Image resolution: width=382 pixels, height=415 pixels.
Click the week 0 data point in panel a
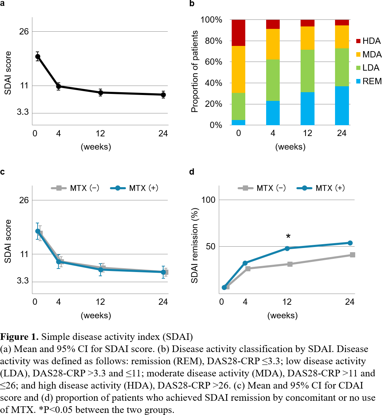tap(38, 56)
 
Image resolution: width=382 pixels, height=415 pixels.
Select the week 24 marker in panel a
tap(163, 95)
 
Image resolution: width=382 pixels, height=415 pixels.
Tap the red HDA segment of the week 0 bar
tap(238, 33)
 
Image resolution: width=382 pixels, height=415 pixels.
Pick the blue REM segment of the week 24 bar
tap(342, 105)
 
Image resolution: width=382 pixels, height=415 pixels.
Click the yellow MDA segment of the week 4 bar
tap(273, 44)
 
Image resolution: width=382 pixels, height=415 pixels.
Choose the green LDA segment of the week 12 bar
tap(307, 71)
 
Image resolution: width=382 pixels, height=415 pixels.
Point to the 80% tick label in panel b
tap(211, 41)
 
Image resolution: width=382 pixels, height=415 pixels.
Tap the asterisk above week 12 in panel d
tap(288, 237)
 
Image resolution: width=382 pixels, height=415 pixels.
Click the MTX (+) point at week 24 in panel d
tap(350, 243)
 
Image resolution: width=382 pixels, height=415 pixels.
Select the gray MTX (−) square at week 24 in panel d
tap(352, 255)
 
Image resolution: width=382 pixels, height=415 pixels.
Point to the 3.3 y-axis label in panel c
tap(23, 281)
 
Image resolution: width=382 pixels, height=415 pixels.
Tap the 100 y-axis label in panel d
tap(208, 200)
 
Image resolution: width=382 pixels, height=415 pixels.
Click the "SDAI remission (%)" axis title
tap(194, 246)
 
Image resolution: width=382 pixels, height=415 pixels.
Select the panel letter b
tap(192, 4)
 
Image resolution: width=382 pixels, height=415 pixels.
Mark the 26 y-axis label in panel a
tap(24, 32)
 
